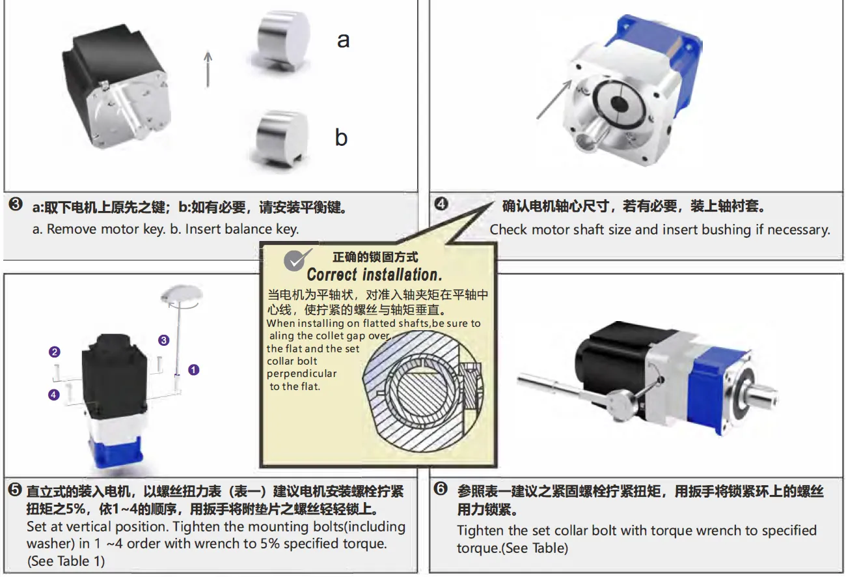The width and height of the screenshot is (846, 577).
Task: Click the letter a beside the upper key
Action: tap(343, 40)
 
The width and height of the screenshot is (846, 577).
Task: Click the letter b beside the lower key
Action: tap(342, 137)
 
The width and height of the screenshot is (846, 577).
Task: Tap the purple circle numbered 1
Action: tap(193, 369)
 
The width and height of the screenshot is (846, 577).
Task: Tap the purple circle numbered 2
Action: tap(55, 352)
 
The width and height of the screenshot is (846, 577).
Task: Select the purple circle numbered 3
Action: tap(164, 340)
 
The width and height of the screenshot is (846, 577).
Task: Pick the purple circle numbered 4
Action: tap(54, 394)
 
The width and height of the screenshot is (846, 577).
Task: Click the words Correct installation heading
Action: tap(374, 274)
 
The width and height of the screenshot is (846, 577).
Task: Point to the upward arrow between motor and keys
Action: tap(208, 68)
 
